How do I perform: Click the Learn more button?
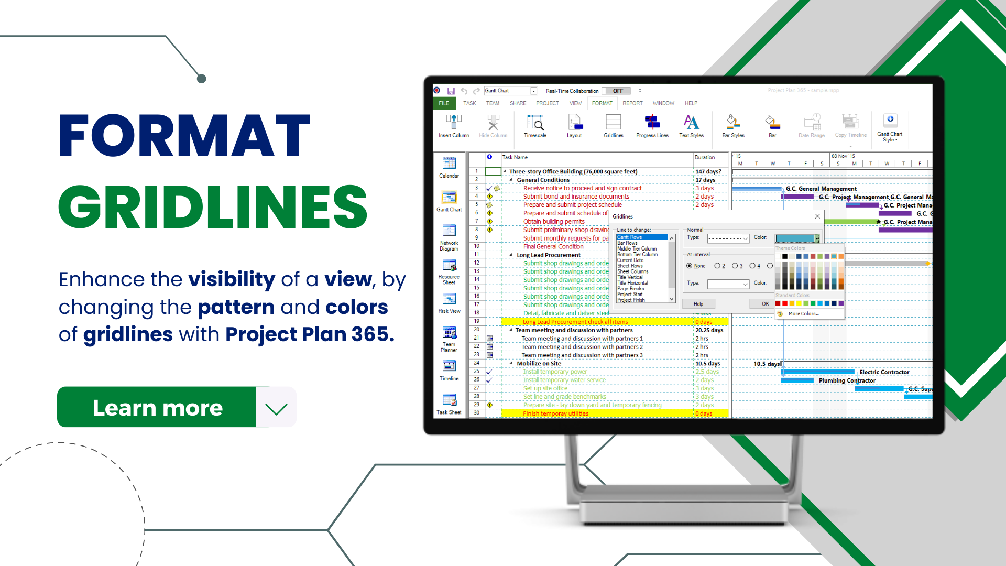click(157, 407)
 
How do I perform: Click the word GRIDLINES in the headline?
click(212, 207)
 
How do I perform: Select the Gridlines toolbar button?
click(613, 126)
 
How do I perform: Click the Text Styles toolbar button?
click(691, 126)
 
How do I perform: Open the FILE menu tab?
click(444, 103)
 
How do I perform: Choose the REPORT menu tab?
click(632, 103)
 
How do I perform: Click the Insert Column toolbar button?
click(454, 126)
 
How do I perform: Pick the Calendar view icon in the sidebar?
click(449, 167)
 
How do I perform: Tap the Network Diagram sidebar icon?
click(449, 236)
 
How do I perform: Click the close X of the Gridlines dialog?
click(817, 216)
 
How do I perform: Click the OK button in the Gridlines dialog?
click(765, 304)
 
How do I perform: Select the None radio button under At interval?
click(690, 266)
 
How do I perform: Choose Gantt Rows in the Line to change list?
click(630, 237)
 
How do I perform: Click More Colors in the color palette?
click(803, 314)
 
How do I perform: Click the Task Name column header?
click(515, 157)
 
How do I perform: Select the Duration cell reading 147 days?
click(708, 171)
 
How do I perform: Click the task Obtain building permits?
click(553, 222)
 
